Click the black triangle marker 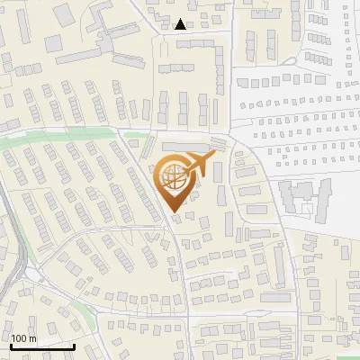(181, 24)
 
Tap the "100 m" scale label (23, 338)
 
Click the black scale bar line (42, 346)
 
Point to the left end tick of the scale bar (11, 344)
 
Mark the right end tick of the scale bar (74, 344)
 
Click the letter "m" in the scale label (32, 338)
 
